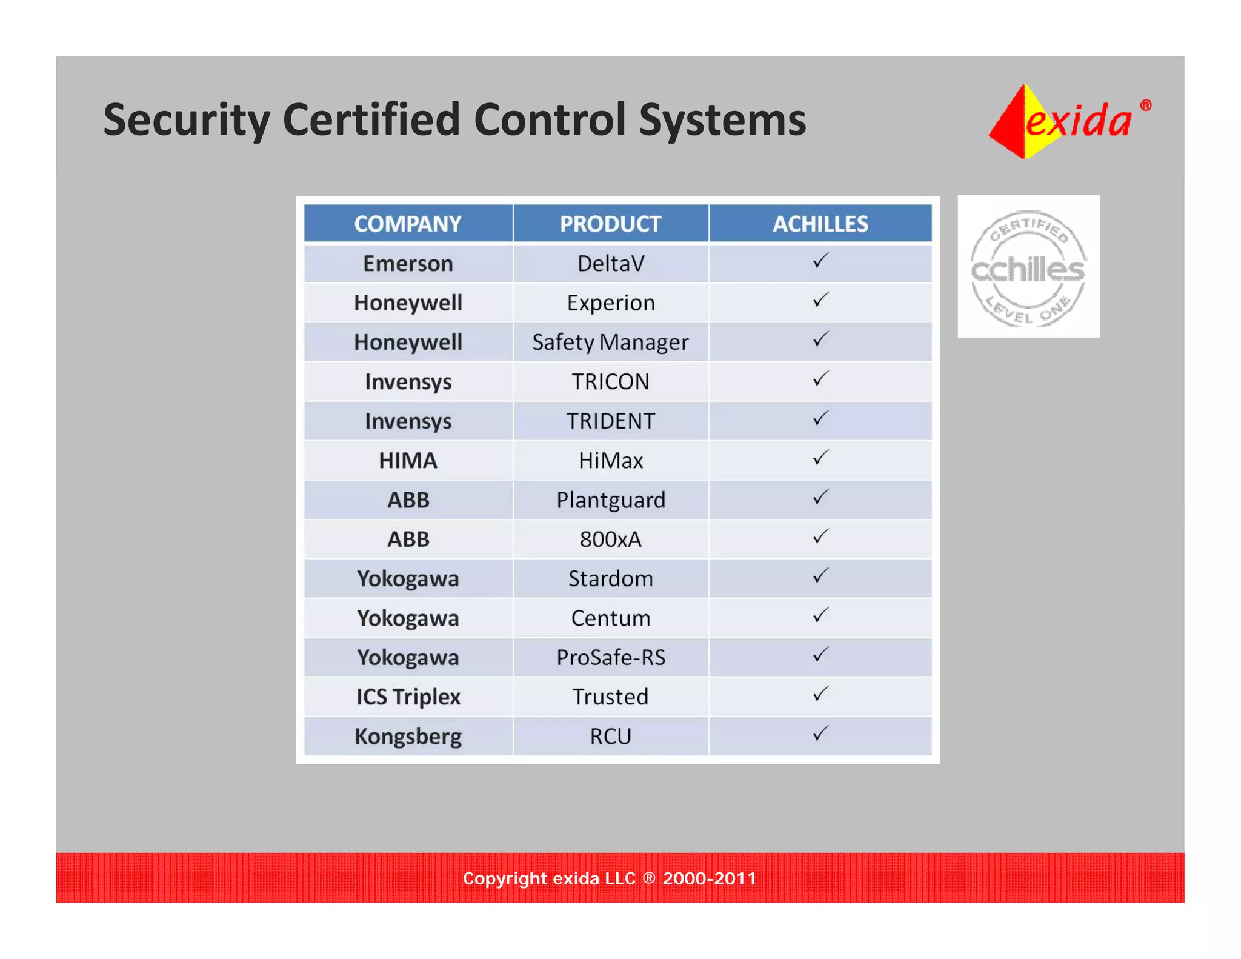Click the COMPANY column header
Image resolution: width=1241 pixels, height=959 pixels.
click(x=408, y=224)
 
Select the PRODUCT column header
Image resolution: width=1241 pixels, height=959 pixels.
click(x=610, y=224)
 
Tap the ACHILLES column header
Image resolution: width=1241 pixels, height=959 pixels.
click(x=820, y=224)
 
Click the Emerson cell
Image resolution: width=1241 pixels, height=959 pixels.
click(x=408, y=263)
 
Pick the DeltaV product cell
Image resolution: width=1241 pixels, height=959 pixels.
click(x=610, y=263)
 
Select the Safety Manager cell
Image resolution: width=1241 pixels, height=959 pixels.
click(x=610, y=342)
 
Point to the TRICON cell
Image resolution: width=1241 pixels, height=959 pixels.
click(x=610, y=381)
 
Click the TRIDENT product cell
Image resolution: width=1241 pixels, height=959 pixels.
click(x=610, y=421)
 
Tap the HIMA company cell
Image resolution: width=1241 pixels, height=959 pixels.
click(x=408, y=460)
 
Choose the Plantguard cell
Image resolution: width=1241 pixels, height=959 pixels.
click(x=610, y=500)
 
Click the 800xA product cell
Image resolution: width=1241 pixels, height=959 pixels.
click(x=610, y=539)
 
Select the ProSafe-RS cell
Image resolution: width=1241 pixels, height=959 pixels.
click(x=610, y=657)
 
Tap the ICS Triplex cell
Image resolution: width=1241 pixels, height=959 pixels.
click(x=408, y=697)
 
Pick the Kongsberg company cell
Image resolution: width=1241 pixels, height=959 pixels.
click(x=408, y=736)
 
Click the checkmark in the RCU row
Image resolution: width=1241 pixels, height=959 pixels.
click(x=820, y=733)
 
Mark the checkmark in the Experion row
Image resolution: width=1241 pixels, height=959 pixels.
click(x=820, y=300)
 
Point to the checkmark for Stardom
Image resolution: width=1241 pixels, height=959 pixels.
click(x=820, y=576)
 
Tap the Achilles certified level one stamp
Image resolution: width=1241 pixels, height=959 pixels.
click(x=1028, y=267)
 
